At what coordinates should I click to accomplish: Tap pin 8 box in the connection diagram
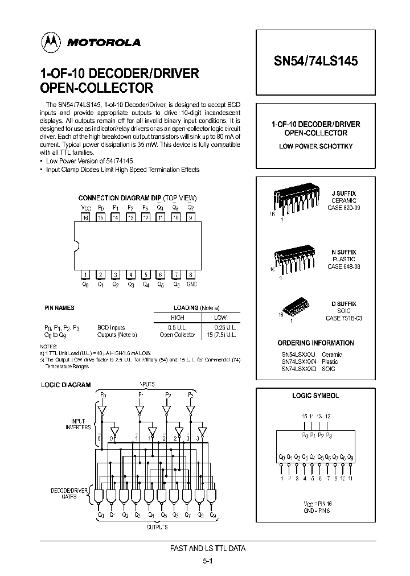[191, 274]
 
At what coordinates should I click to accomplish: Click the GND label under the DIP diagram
[191, 283]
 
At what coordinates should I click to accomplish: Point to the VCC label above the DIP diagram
[86, 208]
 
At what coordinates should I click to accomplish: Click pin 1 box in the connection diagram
[86, 274]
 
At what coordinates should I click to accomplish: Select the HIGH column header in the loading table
[178, 318]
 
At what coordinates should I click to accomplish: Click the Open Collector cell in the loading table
[178, 335]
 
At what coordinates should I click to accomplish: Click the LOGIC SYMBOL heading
[315, 396]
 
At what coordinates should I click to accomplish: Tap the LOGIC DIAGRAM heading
[65, 385]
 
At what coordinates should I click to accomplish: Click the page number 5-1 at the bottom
[207, 561]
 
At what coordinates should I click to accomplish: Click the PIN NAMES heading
[59, 308]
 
